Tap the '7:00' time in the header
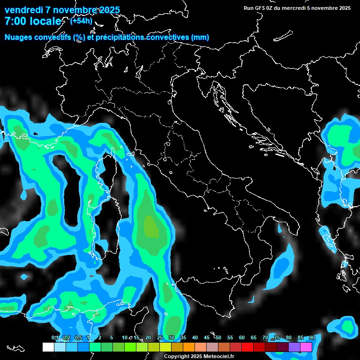click(x=15, y=22)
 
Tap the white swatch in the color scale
click(x=48, y=347)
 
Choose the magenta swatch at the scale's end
click(x=306, y=347)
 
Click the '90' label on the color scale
click(x=312, y=338)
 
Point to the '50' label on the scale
click(x=218, y=338)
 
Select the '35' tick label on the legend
click(x=183, y=338)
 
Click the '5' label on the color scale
click(x=111, y=338)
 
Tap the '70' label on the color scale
click(x=265, y=338)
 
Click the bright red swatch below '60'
click(x=247, y=347)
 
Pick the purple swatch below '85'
click(x=294, y=347)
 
